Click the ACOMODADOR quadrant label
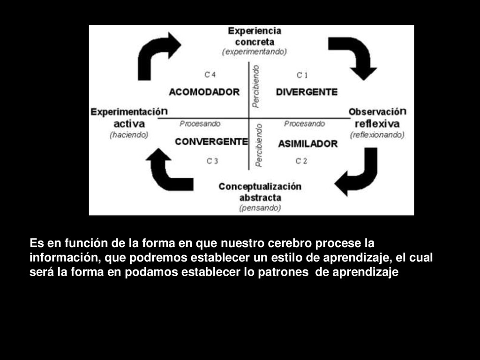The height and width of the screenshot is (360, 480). [204, 92]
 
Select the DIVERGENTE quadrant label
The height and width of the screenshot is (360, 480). [307, 92]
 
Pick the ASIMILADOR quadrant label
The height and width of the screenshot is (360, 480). [307, 144]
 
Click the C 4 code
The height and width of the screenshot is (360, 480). [210, 75]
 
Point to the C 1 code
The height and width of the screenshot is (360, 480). [302, 75]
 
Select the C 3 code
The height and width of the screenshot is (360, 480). [212, 161]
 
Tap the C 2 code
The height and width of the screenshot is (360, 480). [301, 161]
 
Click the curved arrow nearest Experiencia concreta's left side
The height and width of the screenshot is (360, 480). [157, 54]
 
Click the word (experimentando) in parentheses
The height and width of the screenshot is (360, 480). [255, 52]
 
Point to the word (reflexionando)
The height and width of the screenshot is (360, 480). [377, 135]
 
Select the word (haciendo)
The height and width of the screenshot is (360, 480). [129, 135]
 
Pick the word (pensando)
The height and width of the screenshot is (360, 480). [260, 208]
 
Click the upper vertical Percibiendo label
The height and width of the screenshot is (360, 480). [255, 87]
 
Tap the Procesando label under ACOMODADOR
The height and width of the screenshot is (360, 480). [200, 124]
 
